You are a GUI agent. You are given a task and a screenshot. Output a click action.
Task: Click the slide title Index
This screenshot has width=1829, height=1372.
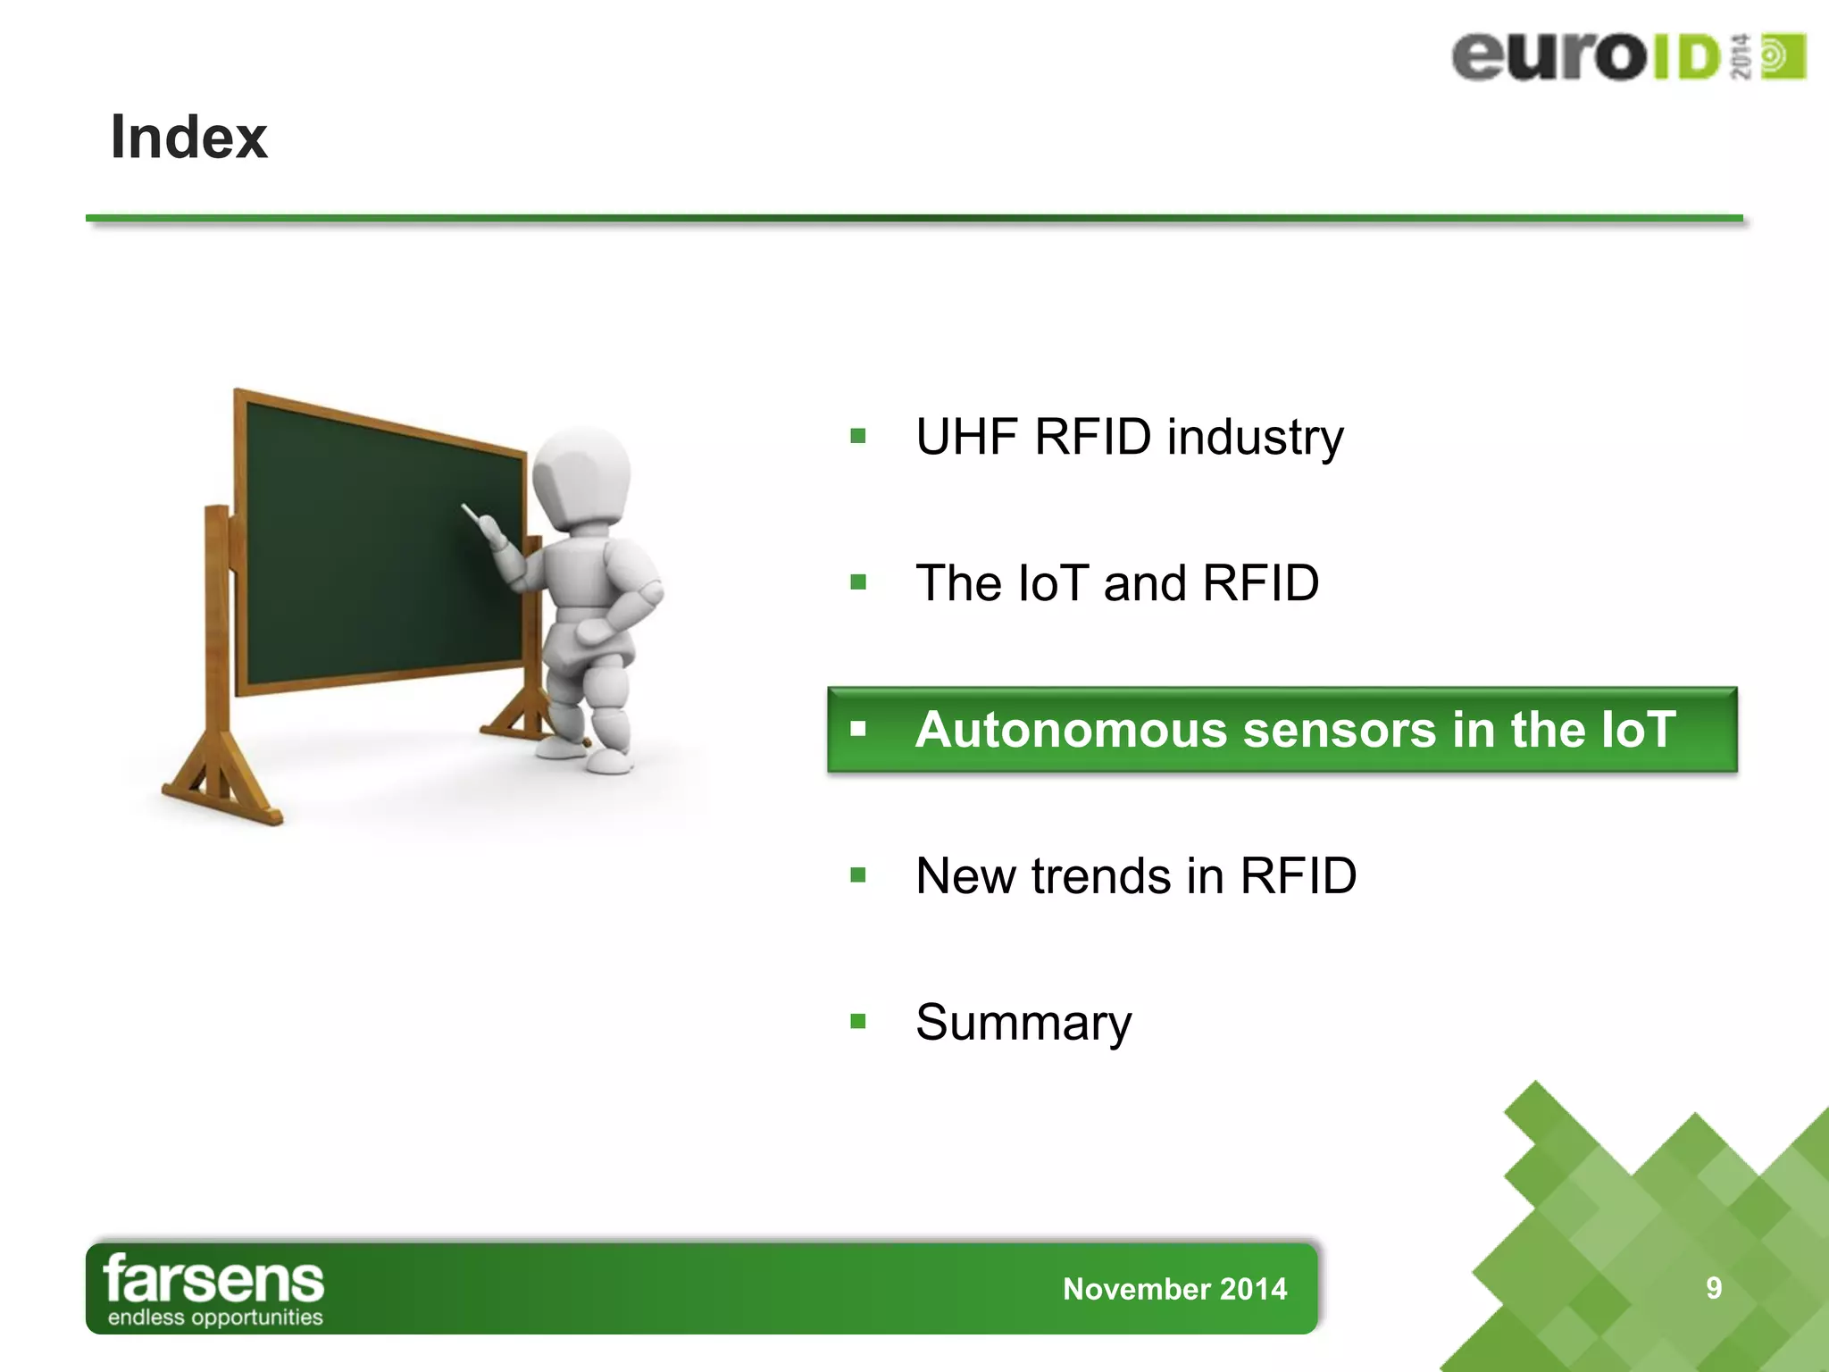(x=188, y=138)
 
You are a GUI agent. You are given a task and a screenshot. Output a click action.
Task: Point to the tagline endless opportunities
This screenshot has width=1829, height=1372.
(x=215, y=1318)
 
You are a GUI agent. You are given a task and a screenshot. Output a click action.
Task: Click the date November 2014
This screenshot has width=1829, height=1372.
(x=1174, y=1289)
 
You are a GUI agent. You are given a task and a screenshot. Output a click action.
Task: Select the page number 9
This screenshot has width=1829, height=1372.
(x=1714, y=1288)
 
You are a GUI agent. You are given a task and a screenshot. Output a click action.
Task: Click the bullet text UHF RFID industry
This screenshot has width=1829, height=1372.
(x=1129, y=437)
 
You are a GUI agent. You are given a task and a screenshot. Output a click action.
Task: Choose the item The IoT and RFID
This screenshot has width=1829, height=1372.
(x=1116, y=583)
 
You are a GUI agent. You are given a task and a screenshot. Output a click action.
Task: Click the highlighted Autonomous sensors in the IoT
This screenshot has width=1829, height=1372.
(x=1295, y=730)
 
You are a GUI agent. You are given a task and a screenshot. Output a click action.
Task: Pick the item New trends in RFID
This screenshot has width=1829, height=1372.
(x=1136, y=875)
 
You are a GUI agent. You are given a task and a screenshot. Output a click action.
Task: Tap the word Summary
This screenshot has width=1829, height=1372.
(x=1023, y=1022)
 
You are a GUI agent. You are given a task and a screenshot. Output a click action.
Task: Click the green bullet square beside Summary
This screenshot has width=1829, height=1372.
(x=858, y=1021)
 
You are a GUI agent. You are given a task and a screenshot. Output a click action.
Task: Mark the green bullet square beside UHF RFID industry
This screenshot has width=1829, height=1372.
(x=858, y=436)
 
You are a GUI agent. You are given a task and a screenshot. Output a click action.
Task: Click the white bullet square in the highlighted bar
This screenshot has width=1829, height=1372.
(x=858, y=729)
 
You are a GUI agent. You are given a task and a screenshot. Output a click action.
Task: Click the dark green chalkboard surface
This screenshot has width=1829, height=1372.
(x=375, y=554)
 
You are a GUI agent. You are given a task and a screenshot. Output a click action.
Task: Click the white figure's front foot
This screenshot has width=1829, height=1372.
(x=610, y=762)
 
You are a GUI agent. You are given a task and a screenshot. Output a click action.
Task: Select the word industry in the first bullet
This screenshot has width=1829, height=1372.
(x=1255, y=437)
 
